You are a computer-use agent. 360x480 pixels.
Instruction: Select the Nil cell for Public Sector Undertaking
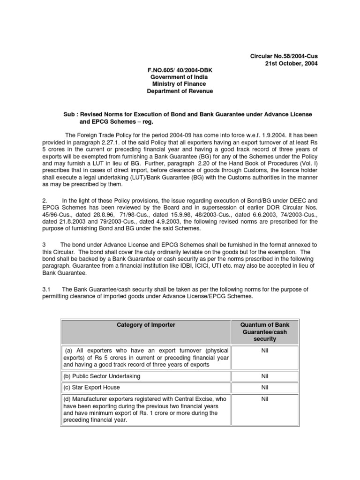click(265, 376)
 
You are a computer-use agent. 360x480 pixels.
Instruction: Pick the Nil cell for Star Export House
click(265, 388)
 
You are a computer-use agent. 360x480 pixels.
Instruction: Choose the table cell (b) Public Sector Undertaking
click(102, 376)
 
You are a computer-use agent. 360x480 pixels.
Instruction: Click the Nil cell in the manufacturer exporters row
click(265, 398)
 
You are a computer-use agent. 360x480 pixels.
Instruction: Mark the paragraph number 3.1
click(46, 289)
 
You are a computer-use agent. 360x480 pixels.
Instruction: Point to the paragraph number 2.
click(45, 200)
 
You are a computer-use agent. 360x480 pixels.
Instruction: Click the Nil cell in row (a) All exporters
click(265, 351)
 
